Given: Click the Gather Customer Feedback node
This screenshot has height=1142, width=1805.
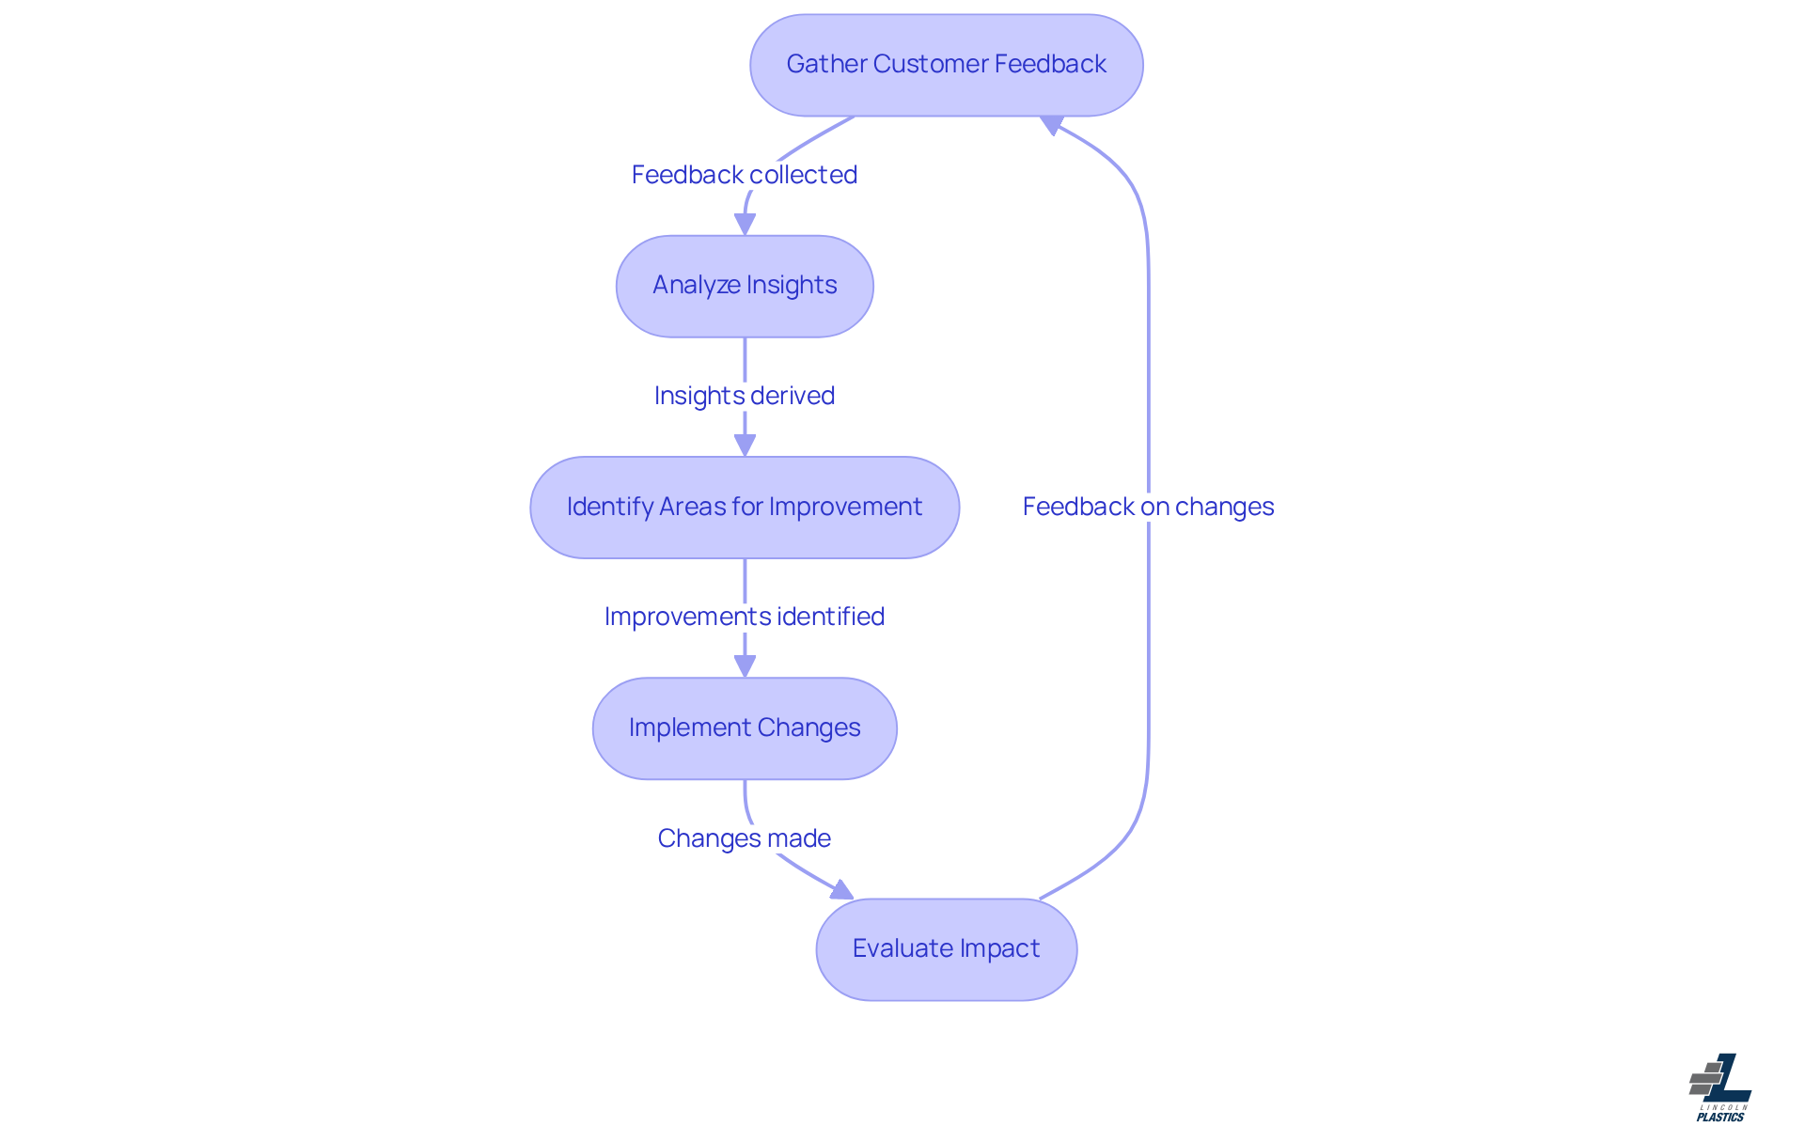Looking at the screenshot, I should click(946, 65).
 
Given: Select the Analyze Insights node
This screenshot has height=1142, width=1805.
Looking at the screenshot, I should click(745, 286).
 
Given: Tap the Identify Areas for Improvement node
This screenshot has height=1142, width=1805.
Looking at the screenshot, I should click(745, 508).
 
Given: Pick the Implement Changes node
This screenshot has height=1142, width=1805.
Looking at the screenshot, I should click(745, 728).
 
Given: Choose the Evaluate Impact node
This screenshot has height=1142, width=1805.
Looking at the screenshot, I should click(946, 949).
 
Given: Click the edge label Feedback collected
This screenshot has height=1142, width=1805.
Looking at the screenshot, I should click(745, 175).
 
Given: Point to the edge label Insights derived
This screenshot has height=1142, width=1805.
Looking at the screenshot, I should click(745, 396).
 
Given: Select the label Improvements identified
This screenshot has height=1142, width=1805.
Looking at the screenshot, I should click(745, 617).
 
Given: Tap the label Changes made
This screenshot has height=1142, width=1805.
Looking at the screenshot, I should click(745, 838).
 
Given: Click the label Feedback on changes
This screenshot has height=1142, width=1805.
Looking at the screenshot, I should click(1148, 507).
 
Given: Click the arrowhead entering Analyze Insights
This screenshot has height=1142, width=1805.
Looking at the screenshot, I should click(745, 225).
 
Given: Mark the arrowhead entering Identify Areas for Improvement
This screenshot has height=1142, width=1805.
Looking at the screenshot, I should click(745, 446).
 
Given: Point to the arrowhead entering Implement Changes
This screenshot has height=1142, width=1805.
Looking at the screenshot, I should click(745, 666).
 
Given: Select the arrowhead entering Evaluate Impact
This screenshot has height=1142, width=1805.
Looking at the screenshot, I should click(841, 889).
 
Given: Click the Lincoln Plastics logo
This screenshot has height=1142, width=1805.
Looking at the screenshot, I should click(1720, 1088).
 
